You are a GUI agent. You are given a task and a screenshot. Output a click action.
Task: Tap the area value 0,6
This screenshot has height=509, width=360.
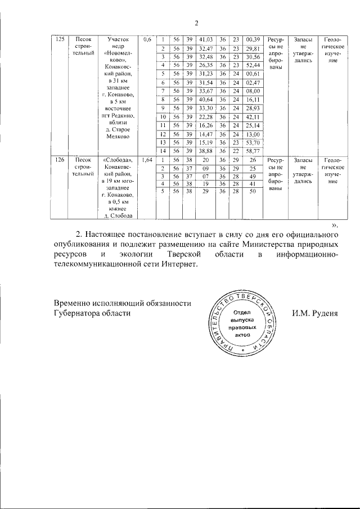pos(147,39)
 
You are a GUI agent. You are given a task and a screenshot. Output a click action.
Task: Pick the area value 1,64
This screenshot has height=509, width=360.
pos(147,160)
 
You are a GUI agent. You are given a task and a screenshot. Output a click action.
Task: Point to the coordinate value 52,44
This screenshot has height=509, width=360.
pos(253,65)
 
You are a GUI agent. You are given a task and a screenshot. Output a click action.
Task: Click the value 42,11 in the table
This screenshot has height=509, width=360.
pos(253,117)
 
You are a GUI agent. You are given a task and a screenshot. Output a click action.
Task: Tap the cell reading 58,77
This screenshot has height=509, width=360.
pos(253,151)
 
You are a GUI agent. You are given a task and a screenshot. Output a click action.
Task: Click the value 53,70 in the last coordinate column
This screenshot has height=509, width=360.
pos(253,143)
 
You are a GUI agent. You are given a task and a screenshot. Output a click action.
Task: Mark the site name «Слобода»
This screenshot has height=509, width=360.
pos(118,160)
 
